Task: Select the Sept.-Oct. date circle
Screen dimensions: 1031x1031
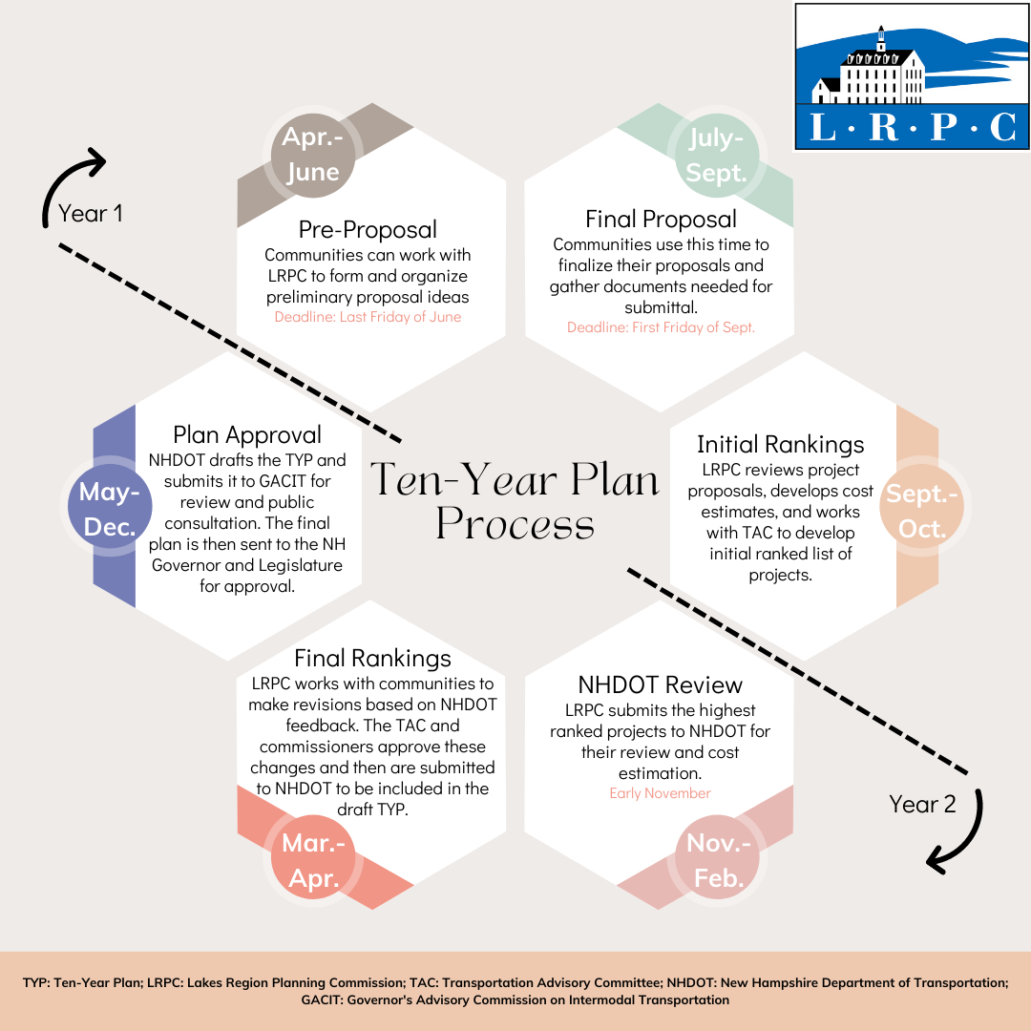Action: tap(921, 511)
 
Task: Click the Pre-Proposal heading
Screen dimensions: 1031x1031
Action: tap(368, 230)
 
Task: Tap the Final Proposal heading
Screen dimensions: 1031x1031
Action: tap(661, 220)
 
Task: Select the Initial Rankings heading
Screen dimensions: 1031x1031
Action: tap(780, 445)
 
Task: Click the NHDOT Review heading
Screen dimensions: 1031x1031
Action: tap(660, 685)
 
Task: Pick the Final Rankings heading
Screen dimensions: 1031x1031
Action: tap(372, 659)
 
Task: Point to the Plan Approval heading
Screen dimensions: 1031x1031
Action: tap(247, 435)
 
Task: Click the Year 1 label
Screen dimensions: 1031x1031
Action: tap(91, 213)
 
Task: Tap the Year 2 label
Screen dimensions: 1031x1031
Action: tap(922, 804)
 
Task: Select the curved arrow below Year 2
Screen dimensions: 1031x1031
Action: tap(959, 835)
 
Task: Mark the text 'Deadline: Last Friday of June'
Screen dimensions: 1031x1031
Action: tap(368, 317)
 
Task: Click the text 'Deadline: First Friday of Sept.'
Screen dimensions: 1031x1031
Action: tap(661, 327)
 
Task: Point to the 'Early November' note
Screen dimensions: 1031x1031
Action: tap(660, 793)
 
